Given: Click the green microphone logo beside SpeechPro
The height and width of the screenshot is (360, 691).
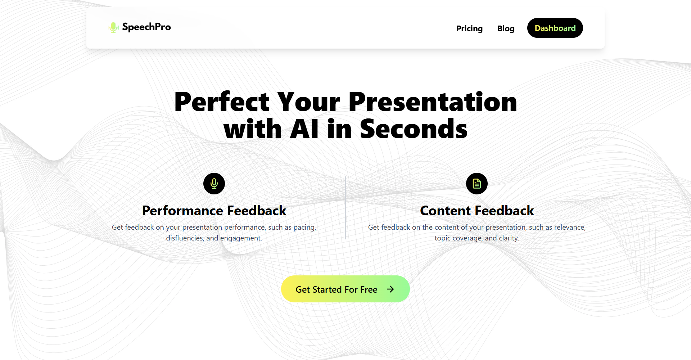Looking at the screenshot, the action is (113, 27).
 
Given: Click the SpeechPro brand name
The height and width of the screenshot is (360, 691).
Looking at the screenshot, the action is (146, 27).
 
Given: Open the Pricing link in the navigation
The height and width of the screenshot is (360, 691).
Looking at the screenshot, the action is (469, 28).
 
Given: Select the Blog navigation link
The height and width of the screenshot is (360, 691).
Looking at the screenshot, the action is (506, 28).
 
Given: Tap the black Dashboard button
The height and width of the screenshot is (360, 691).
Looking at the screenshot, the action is (555, 28).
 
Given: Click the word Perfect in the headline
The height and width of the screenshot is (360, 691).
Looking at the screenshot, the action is (222, 102).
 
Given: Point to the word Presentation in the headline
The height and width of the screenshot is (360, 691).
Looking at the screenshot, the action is (433, 102).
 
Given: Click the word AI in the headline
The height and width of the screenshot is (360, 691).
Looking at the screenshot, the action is (304, 129).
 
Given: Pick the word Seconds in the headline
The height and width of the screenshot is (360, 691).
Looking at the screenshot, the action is (414, 129).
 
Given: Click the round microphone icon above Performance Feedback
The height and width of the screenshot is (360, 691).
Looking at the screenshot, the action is (214, 184).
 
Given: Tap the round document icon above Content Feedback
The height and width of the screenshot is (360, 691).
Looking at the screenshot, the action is (477, 184).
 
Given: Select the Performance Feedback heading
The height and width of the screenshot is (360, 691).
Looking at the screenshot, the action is (214, 211).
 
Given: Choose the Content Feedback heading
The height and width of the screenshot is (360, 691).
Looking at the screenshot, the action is (477, 211).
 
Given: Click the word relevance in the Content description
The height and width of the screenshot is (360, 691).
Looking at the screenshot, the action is (570, 227).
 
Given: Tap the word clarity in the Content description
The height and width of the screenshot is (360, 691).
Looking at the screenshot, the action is (509, 238).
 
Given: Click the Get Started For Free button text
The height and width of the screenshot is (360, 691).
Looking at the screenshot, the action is (337, 289).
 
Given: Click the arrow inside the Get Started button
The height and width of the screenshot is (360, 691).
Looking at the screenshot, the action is (390, 289).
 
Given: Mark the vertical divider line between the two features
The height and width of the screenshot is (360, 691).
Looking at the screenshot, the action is (345, 208).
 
